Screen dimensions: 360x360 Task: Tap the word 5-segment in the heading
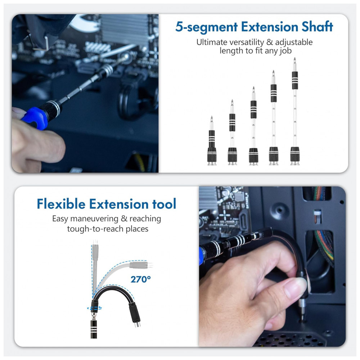pos(207,27)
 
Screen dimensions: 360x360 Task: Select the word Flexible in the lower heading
pos(61,204)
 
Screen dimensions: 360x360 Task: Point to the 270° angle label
pos(140,279)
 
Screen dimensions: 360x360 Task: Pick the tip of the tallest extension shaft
pos(295,58)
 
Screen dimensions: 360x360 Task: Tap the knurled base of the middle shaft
pos(253,156)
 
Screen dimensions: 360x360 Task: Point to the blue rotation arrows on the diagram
pos(94,308)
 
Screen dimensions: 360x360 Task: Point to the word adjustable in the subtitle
pos(294,43)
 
